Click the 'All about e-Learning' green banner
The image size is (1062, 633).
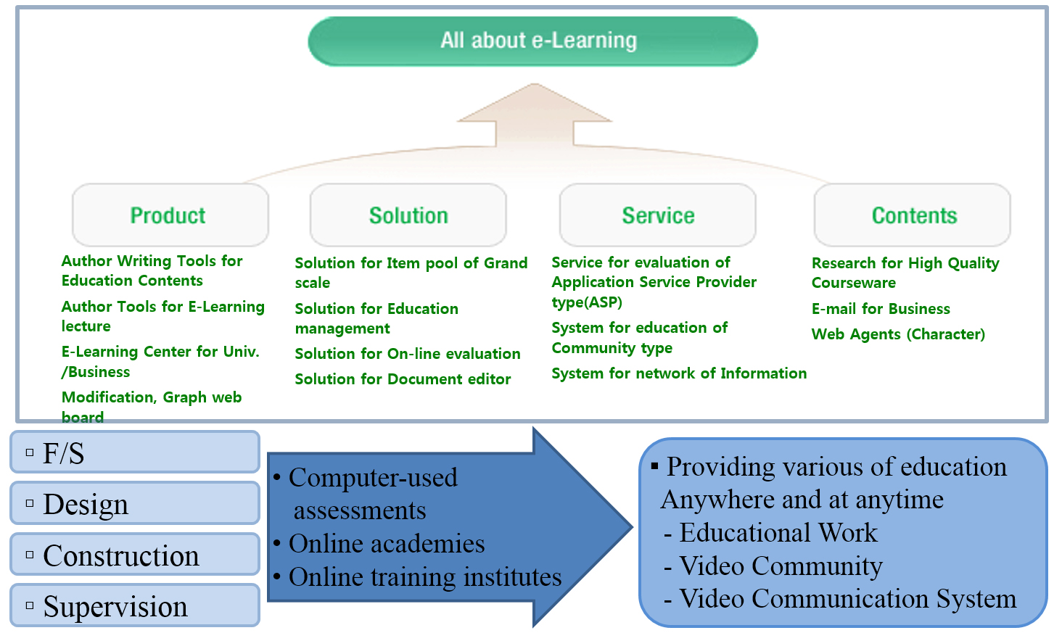(532, 41)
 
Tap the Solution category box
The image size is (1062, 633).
(408, 215)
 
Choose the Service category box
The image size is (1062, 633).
(657, 215)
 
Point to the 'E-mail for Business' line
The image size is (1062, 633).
(880, 309)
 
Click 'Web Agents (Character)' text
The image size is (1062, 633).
(897, 334)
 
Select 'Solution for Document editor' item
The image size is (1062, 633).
(403, 379)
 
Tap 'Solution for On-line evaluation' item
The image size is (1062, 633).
(407, 354)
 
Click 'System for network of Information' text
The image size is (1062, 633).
(678, 373)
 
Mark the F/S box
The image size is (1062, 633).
(135, 452)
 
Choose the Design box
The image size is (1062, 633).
(135, 503)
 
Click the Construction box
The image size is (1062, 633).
(135, 555)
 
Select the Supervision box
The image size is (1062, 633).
(135, 605)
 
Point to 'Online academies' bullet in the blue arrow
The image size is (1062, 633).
(386, 544)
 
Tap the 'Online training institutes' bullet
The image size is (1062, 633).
(424, 577)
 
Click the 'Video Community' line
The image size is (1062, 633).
(780, 566)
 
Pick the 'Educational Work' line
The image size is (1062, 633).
(778, 533)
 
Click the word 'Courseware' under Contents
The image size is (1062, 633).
(853, 283)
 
